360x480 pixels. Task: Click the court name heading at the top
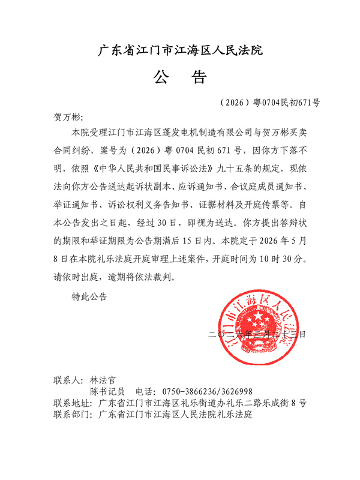pyautogui.click(x=180, y=50)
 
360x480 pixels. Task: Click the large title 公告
pyautogui.click(x=180, y=77)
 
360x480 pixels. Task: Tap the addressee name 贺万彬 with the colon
pyautogui.click(x=68, y=116)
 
